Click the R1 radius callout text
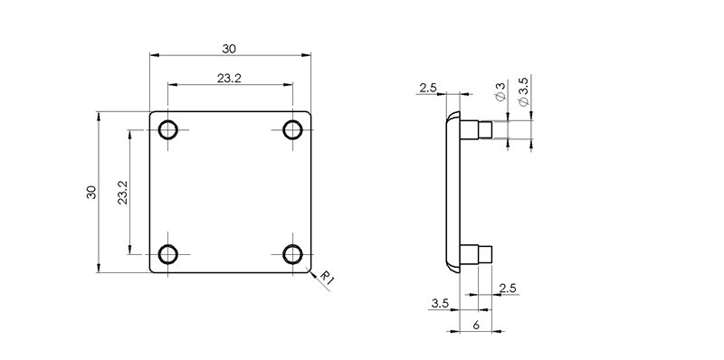tap(327, 278)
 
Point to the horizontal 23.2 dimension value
tap(229, 79)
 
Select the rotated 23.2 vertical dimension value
tap(122, 193)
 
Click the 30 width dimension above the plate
tap(229, 49)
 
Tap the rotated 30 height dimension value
tap(91, 192)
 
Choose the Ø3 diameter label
tap(500, 91)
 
